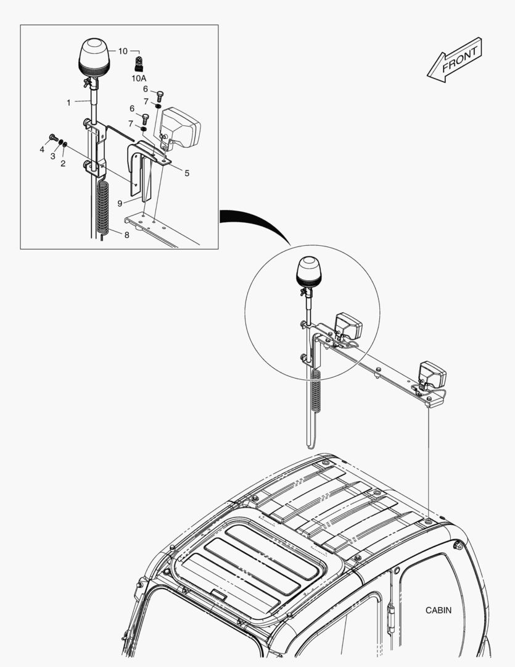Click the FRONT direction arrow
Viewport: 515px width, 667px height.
coord(455,59)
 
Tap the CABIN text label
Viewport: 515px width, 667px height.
coord(438,610)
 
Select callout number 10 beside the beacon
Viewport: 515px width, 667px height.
coord(123,51)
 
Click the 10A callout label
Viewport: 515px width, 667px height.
coord(138,78)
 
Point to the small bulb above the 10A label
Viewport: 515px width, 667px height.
coord(139,63)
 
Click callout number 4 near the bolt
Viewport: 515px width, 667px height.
coord(42,149)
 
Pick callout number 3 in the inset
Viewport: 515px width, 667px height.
coord(52,156)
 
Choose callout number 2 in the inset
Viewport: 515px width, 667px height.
coord(63,164)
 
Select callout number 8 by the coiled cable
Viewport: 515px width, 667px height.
coord(126,235)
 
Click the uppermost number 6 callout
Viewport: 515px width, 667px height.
coord(146,88)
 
